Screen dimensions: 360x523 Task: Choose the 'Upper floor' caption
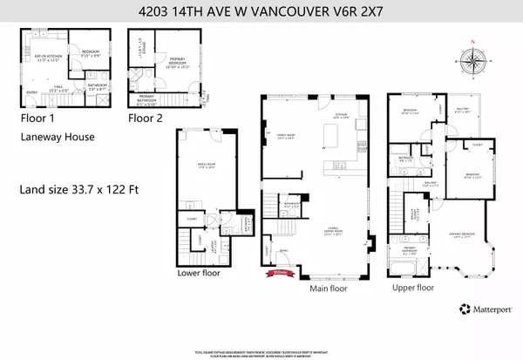pos(412,287)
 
